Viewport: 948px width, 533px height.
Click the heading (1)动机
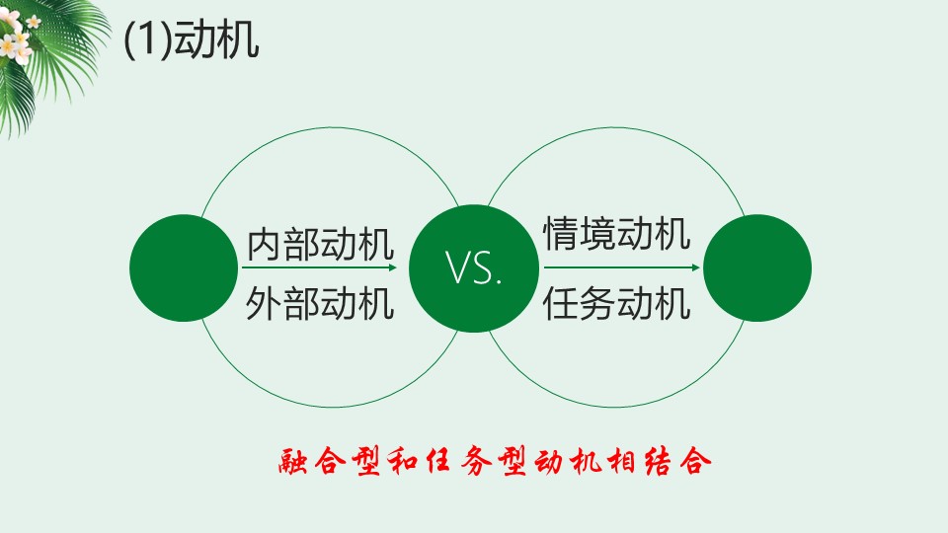point(191,40)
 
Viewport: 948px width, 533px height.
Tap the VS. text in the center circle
point(473,267)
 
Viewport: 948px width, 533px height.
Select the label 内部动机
point(320,244)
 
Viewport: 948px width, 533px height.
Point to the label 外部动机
point(320,303)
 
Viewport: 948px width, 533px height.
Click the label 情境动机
point(616,233)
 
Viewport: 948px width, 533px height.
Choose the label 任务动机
point(616,303)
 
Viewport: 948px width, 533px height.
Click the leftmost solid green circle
point(184,267)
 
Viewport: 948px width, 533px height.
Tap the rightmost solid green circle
point(757,267)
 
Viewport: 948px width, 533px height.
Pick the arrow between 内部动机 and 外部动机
point(319,267)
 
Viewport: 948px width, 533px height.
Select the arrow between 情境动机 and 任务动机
point(621,267)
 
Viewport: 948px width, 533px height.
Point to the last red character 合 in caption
point(695,461)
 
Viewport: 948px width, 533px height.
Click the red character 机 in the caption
point(586,461)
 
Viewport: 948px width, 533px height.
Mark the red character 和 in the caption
point(403,461)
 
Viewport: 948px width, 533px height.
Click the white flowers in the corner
point(17,38)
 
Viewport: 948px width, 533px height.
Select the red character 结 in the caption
point(659,461)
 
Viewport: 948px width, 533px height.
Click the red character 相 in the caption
point(623,461)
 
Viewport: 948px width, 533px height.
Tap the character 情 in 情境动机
point(561,233)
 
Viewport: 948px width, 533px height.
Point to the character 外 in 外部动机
point(264,303)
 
